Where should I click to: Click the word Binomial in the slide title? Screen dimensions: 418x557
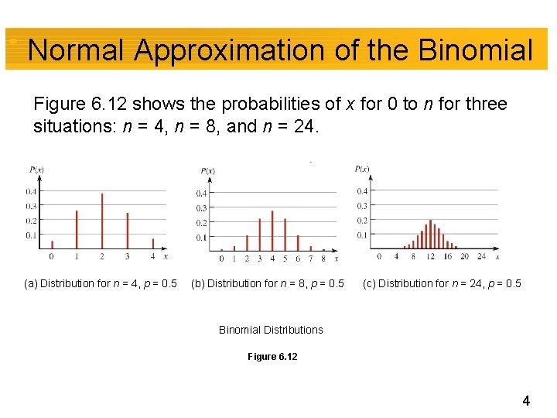point(476,51)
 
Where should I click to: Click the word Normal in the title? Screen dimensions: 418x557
point(76,51)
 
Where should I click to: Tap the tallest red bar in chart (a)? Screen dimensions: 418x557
point(102,221)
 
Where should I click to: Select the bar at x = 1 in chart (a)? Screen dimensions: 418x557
point(77,229)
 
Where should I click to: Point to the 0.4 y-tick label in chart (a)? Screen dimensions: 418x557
point(29,191)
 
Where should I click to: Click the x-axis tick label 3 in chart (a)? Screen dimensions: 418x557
point(128,256)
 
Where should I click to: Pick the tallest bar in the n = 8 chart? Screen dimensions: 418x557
point(272,230)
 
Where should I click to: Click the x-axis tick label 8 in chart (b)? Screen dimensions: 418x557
point(323,259)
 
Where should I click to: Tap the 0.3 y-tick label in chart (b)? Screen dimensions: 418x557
point(200,207)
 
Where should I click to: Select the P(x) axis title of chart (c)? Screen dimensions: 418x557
point(361,169)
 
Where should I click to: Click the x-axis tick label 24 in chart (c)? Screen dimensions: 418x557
point(482,256)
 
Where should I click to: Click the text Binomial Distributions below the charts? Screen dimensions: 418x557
point(271,330)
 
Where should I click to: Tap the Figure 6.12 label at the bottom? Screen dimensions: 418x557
point(272,357)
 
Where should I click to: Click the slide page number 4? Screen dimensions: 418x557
point(526,401)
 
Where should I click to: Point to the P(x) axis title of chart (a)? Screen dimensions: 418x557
point(36,169)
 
